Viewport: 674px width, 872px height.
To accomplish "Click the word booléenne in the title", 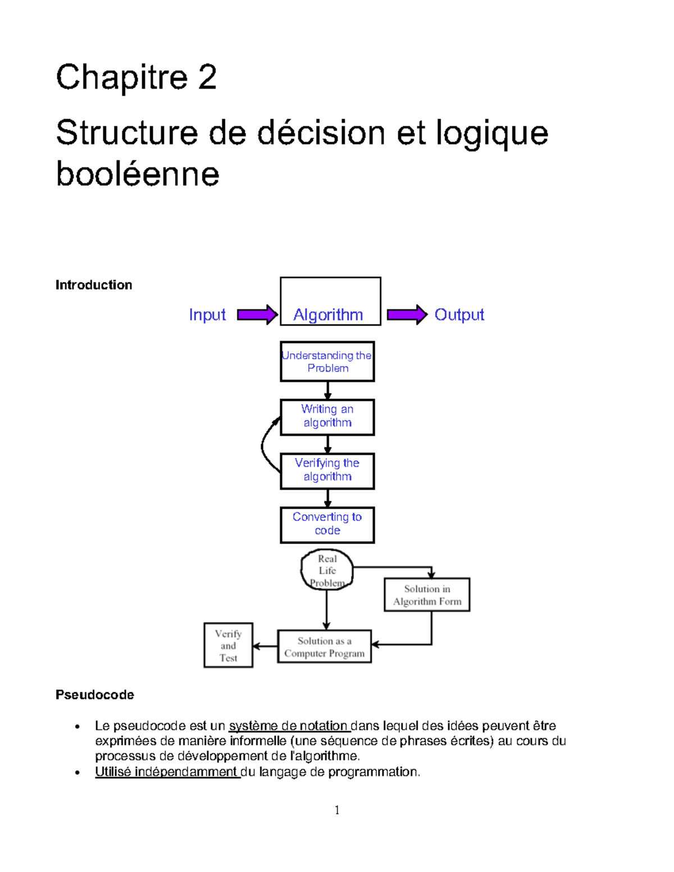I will coord(138,174).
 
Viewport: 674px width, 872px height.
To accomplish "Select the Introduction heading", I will coord(94,285).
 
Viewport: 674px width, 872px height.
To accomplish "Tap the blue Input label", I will coord(207,314).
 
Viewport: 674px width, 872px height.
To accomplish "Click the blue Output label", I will coord(459,314).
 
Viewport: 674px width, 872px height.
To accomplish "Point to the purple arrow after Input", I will coord(257,314).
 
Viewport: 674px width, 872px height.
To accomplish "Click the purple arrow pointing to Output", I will coord(407,314).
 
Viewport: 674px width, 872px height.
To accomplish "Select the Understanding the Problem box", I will coord(327,362).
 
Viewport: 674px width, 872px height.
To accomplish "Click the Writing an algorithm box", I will coord(327,417).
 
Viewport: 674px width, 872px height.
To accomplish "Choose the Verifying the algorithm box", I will coord(327,471).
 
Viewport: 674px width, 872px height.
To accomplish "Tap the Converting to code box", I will coord(327,524).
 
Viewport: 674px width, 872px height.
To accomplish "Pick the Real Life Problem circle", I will coord(327,570).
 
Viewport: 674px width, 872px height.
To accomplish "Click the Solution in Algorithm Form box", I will coord(427,595).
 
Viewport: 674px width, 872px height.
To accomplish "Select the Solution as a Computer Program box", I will coord(325,647).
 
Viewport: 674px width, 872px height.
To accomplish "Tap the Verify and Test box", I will coord(228,645).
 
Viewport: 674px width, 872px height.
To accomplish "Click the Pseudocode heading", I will coord(95,695).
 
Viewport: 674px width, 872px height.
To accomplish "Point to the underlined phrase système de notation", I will coord(289,725).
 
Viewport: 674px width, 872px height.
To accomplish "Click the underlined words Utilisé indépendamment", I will coord(167,771).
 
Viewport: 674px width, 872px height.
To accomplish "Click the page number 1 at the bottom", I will coord(337,810).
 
